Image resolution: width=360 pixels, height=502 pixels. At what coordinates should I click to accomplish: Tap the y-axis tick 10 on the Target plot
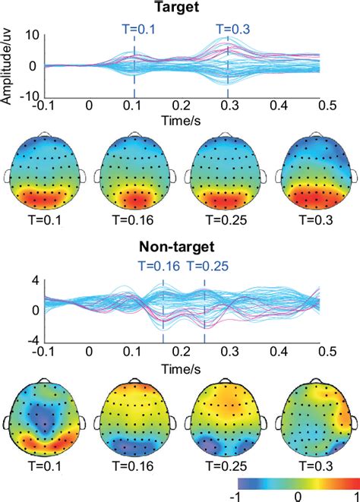tap(31, 36)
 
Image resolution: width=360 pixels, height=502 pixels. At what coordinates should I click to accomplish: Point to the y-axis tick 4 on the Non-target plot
tap(34, 280)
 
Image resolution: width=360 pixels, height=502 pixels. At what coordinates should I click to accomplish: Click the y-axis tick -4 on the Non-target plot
tap(31, 339)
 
